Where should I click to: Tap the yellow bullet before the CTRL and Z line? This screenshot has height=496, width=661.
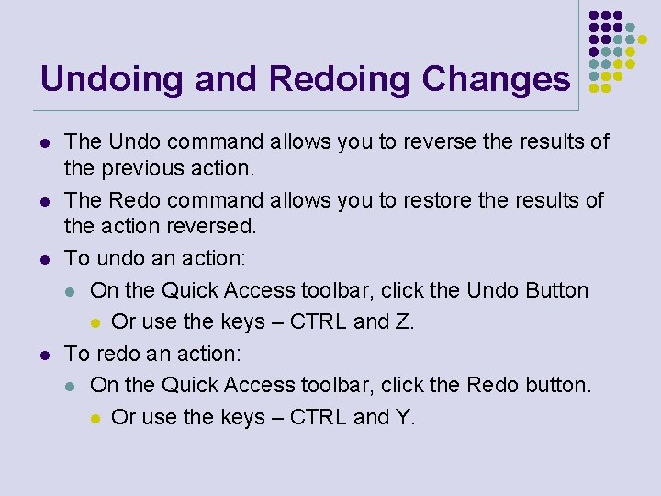[95, 322]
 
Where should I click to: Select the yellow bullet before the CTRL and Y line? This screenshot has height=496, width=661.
[95, 418]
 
